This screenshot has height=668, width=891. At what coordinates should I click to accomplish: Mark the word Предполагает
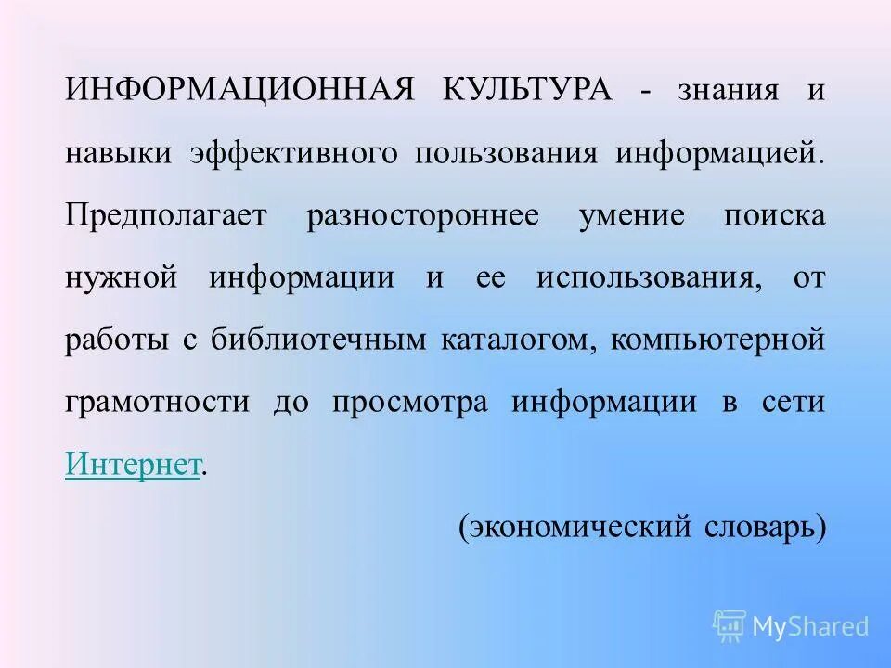point(166,215)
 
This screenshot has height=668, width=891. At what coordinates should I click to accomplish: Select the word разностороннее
point(423,215)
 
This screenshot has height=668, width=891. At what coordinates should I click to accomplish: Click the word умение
point(632,215)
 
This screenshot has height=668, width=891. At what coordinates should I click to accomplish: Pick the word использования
point(641,278)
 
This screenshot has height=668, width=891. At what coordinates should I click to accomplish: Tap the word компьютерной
point(718,340)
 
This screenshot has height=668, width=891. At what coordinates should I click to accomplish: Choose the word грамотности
point(158,403)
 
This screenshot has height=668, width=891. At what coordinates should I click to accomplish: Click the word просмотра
point(409,403)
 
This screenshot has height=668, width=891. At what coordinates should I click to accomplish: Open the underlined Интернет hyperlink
point(133,464)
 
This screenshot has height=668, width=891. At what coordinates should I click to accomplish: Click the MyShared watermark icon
point(730,625)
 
